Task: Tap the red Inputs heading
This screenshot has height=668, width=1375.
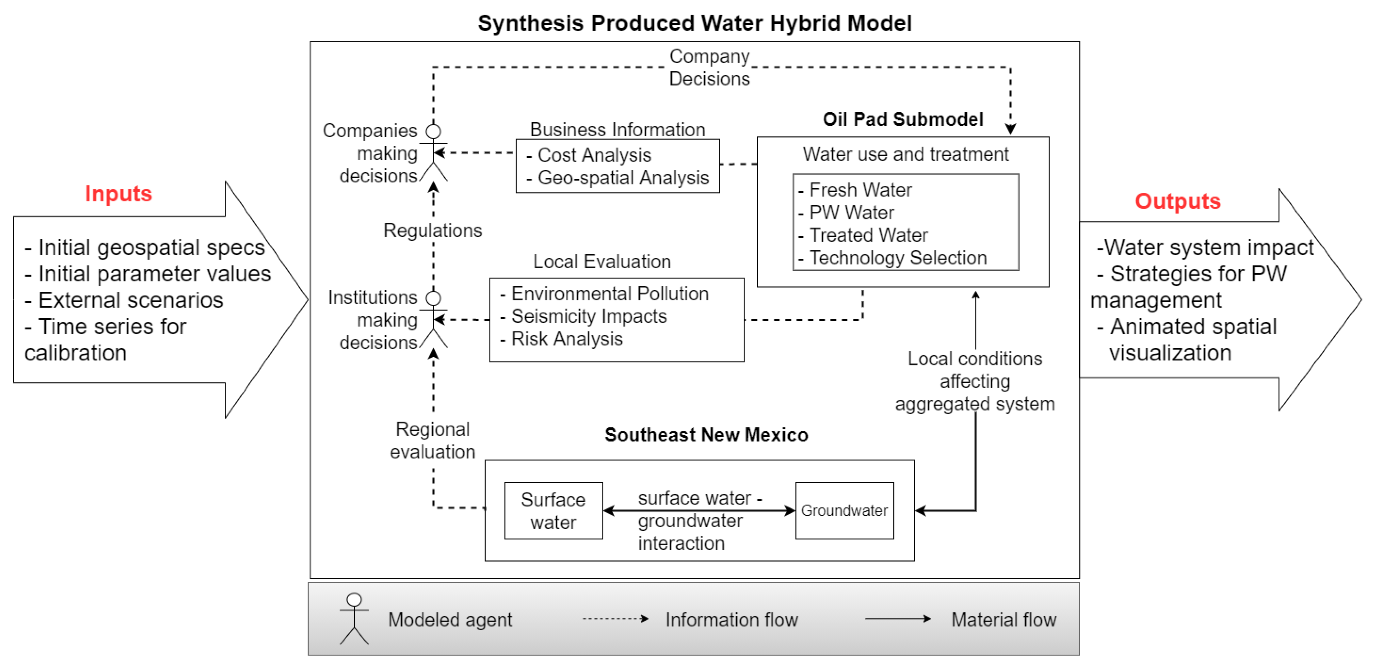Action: (x=119, y=193)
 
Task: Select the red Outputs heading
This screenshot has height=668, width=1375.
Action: (x=1177, y=201)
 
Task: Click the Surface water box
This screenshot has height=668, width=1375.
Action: (x=554, y=510)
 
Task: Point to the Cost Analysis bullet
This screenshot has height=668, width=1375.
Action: (x=594, y=155)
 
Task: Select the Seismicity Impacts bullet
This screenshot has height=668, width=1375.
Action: (x=588, y=316)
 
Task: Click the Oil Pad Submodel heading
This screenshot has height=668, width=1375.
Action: (x=903, y=119)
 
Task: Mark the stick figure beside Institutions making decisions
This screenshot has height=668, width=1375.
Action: (x=433, y=320)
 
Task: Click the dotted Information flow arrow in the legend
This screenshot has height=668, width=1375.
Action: (x=615, y=619)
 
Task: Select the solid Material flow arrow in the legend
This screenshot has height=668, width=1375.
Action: (x=897, y=619)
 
